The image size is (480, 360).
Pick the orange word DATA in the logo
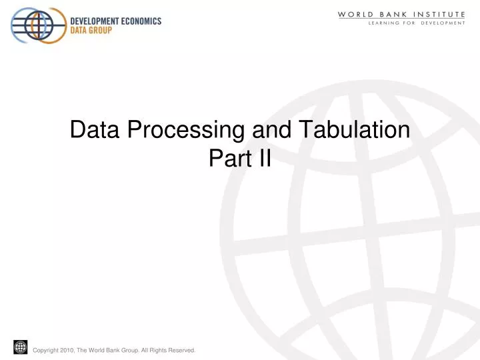click(81, 31)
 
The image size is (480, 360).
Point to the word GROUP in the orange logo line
click(107, 31)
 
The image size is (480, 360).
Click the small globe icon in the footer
click(20, 347)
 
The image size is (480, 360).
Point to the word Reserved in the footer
click(180, 350)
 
